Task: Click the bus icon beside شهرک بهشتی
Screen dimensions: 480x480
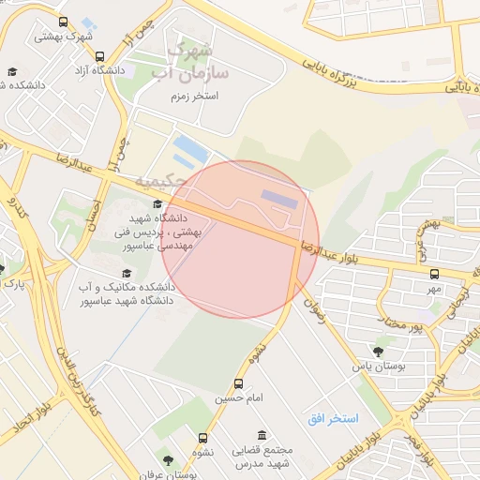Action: pos(63,22)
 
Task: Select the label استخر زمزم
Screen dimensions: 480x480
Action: pos(194,97)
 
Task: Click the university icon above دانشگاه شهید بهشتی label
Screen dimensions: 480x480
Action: pos(157,205)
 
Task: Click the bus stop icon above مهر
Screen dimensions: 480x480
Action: pos(434,275)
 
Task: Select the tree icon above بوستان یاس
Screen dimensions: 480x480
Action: pos(378,352)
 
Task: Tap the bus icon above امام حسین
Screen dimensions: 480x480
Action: pos(238,383)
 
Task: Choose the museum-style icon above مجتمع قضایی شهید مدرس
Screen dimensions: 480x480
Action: pos(261,436)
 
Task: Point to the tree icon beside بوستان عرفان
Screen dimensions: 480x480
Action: pos(168,461)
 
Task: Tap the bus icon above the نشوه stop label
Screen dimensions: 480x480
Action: pos(203,438)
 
